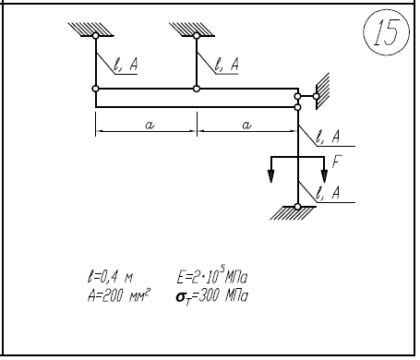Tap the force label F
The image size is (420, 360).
(337, 162)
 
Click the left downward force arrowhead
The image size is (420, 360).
(270, 176)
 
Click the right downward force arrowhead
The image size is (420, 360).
(324, 176)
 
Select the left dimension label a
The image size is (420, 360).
(150, 125)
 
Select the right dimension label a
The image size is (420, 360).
(246, 125)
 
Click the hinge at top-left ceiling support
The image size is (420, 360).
(96, 36)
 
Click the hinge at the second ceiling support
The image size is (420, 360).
(197, 36)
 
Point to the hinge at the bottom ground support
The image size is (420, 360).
(297, 207)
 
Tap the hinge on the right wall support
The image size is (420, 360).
(316, 96)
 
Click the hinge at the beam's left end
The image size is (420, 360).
(96, 89)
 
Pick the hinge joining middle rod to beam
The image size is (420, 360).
(197, 89)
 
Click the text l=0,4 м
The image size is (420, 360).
(111, 277)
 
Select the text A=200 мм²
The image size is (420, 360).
(119, 296)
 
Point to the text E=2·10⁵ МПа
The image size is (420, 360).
(212, 276)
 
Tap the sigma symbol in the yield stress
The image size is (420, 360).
(180, 297)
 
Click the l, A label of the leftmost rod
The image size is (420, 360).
(126, 65)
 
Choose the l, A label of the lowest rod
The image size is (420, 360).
(328, 193)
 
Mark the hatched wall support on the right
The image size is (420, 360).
(322, 90)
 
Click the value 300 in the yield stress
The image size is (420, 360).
(210, 296)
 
